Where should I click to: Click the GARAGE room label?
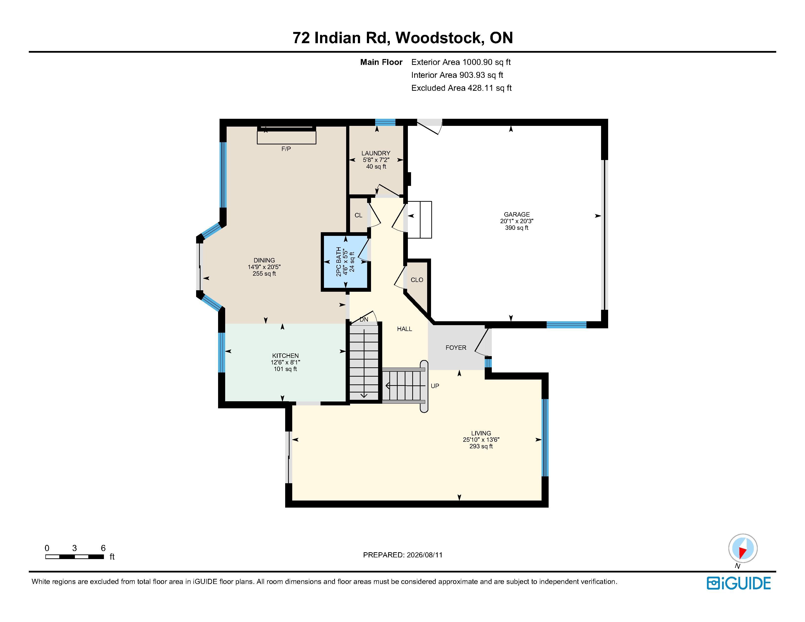(x=517, y=214)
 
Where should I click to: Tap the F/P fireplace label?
(x=286, y=149)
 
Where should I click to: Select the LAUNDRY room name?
(x=376, y=153)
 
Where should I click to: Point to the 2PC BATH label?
(x=338, y=262)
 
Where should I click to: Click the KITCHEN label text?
(x=285, y=356)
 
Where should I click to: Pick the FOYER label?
(x=456, y=348)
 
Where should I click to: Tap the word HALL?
(x=404, y=329)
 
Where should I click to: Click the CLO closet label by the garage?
(x=417, y=280)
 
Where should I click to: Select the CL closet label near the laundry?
(x=358, y=215)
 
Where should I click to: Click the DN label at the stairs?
(x=364, y=320)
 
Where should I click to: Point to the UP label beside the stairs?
(x=435, y=386)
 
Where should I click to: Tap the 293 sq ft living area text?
(x=481, y=446)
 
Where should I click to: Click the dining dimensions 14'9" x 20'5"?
(x=264, y=267)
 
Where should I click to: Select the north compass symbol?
(x=743, y=548)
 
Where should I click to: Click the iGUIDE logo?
(x=739, y=583)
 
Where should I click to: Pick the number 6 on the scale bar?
(x=103, y=548)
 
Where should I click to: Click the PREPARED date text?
(x=403, y=555)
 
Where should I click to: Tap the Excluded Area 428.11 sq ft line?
(x=462, y=88)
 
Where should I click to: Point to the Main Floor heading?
(x=381, y=62)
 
